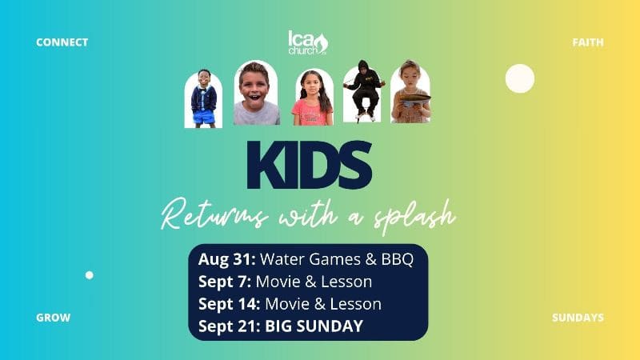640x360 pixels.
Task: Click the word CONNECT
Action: coord(62,42)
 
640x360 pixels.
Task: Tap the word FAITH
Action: coord(588,42)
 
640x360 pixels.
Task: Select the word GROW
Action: coord(53,318)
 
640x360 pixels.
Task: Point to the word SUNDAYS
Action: coord(578,318)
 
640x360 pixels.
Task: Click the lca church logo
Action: coord(308,42)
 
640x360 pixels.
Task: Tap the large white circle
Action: coord(519,78)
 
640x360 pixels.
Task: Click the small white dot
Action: coord(90,275)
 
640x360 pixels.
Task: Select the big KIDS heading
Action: coord(310,165)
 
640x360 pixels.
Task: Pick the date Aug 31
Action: coord(227,259)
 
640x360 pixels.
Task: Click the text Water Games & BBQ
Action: coord(337,259)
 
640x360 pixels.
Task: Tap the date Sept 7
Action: coord(225,282)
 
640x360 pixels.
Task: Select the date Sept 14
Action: coord(230,304)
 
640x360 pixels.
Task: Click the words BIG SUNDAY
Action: coord(314,326)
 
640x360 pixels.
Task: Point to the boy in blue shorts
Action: coord(204,98)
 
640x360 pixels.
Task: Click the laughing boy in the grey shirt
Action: coord(255,94)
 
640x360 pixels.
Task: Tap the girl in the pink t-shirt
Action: coord(312,98)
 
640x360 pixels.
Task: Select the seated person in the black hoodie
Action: coord(363,90)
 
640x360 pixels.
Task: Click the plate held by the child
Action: coord(415,98)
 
